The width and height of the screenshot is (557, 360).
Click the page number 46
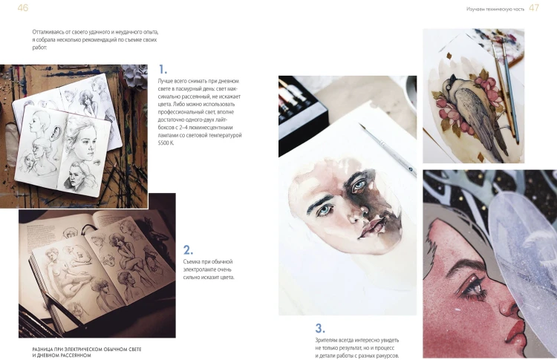[23, 8]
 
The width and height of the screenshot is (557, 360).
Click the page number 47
[534, 8]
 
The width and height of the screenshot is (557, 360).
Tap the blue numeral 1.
[163, 69]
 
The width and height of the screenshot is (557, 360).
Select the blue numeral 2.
[189, 250]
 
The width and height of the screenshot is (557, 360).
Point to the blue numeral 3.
[320, 328]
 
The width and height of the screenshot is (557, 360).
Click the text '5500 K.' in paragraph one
[166, 143]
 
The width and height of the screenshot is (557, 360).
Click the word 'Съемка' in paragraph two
[192, 262]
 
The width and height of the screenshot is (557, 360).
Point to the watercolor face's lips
[371, 226]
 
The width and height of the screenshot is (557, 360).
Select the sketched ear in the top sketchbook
[56, 132]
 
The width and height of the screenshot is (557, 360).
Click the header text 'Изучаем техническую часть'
[495, 9]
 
